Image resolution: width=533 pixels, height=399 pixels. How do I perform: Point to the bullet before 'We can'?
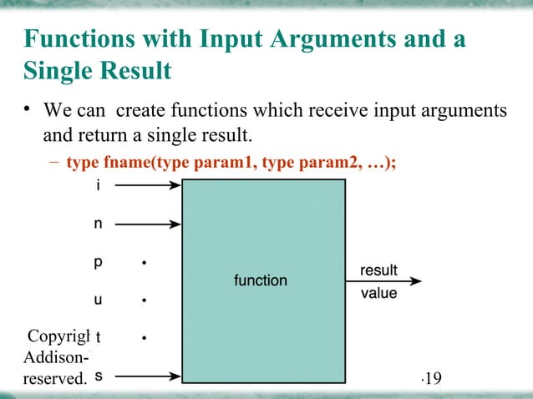pyautogui.click(x=27, y=110)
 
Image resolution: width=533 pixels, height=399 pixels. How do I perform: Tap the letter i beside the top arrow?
pyautogui.click(x=98, y=186)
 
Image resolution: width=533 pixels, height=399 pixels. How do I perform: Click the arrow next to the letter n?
pyautogui.click(x=147, y=224)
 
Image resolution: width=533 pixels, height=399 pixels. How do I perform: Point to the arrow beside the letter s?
pyautogui.click(x=147, y=375)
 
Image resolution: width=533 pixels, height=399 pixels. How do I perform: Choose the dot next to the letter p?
pyautogui.click(x=145, y=263)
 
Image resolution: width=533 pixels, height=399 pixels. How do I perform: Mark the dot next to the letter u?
pyautogui.click(x=145, y=300)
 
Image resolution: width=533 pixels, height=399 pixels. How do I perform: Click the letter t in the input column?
pyautogui.click(x=98, y=337)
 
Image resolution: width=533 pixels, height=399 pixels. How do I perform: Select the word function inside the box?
pyautogui.click(x=260, y=280)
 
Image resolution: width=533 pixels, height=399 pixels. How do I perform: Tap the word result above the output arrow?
pyautogui.click(x=378, y=270)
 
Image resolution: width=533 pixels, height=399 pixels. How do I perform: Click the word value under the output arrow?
pyautogui.click(x=378, y=293)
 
